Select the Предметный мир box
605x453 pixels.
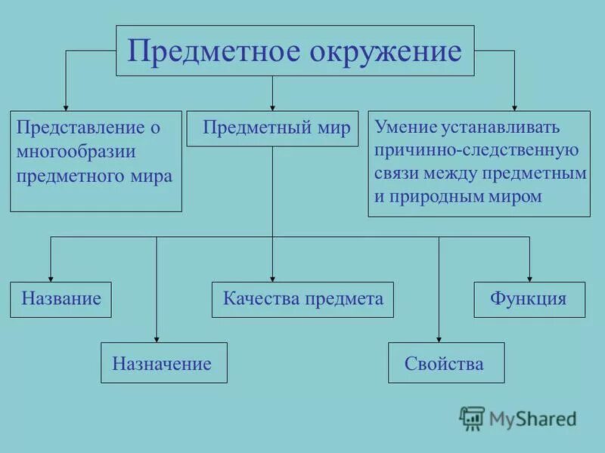point(272,128)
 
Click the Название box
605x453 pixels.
point(60,298)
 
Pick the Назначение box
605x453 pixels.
point(164,363)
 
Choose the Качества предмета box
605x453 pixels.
point(302,299)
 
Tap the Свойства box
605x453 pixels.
point(446,363)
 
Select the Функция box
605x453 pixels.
point(529,298)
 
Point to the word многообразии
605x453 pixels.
point(76,152)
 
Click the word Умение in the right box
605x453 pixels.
point(399,126)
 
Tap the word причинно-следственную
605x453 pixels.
point(476,149)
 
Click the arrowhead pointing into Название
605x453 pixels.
point(51,277)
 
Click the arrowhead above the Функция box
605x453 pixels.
point(529,277)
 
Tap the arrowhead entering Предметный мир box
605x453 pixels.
point(272,107)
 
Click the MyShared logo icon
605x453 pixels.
point(472,418)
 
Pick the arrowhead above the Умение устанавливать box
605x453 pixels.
point(514,106)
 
